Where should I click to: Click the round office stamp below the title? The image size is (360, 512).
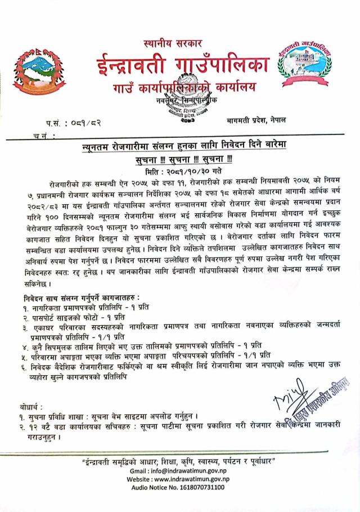pos(186,111)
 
